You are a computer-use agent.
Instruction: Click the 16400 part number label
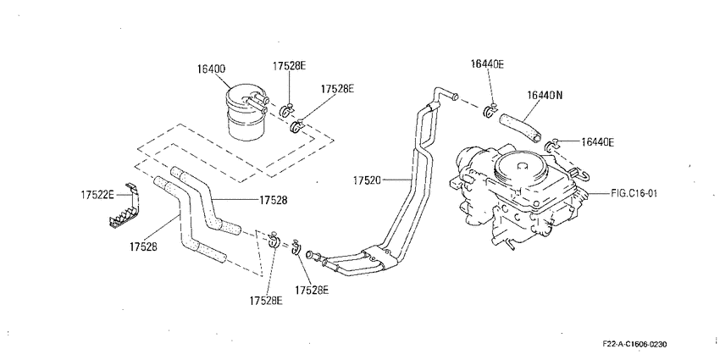(x=211, y=69)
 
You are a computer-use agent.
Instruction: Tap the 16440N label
(x=545, y=95)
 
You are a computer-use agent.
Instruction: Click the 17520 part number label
(x=368, y=180)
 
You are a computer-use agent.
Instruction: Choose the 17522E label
(x=97, y=195)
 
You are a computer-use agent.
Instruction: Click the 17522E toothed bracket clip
(x=124, y=206)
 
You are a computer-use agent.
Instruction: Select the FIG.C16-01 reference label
(x=634, y=193)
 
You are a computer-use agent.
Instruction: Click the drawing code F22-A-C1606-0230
(x=635, y=344)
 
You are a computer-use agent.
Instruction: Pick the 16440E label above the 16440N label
(x=487, y=64)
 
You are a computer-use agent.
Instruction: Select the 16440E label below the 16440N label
(x=597, y=143)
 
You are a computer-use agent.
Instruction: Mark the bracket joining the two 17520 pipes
(x=380, y=258)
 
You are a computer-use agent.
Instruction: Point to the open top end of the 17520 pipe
(x=454, y=97)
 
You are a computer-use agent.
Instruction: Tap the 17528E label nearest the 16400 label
(x=289, y=66)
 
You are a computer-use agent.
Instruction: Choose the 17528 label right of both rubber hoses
(x=274, y=200)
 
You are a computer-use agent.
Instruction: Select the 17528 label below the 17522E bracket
(x=144, y=246)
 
